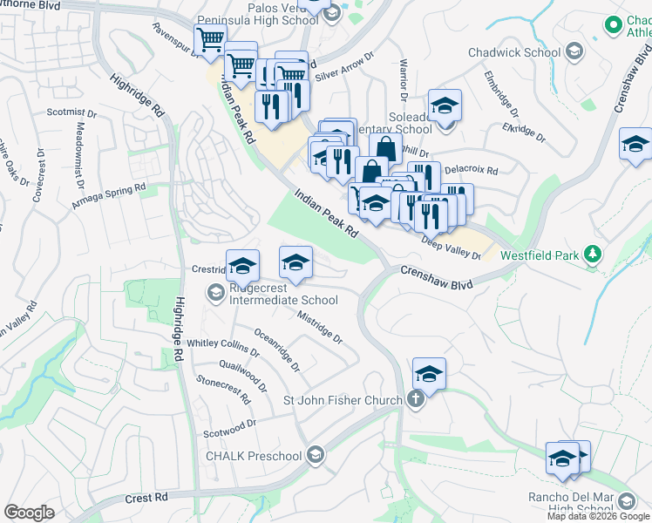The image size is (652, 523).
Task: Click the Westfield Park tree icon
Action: [x=594, y=254]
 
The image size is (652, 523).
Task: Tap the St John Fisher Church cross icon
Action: [x=416, y=400]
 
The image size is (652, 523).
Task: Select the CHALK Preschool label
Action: [x=254, y=456]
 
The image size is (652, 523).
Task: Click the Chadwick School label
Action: [x=514, y=52]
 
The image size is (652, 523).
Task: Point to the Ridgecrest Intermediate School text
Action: [x=282, y=294]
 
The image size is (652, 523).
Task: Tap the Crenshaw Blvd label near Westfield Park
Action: [x=436, y=278]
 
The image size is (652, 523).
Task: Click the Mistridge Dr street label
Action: [x=320, y=327]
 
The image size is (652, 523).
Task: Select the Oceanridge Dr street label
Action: [x=277, y=348]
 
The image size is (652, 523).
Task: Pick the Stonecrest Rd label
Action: [x=223, y=390]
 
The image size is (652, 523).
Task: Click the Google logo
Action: [x=29, y=512]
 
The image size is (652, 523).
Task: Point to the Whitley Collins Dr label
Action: [x=223, y=349]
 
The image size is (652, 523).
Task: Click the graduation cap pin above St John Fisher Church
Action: [x=429, y=375]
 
